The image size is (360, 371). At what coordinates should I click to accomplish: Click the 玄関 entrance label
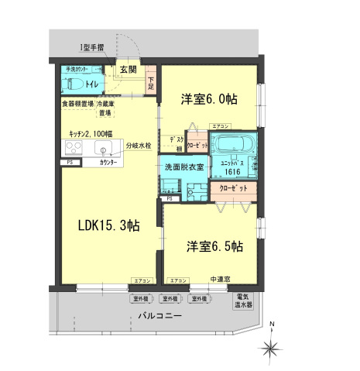tap(128, 69)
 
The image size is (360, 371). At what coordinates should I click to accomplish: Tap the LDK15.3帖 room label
tap(108, 226)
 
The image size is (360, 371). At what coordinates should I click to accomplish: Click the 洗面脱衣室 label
tap(183, 167)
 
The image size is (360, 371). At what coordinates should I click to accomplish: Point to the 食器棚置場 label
tap(77, 103)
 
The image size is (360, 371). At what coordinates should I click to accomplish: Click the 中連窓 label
tap(220, 279)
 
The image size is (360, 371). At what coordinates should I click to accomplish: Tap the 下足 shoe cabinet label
tap(151, 81)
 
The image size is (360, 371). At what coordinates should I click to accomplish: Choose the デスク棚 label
tap(176, 143)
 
